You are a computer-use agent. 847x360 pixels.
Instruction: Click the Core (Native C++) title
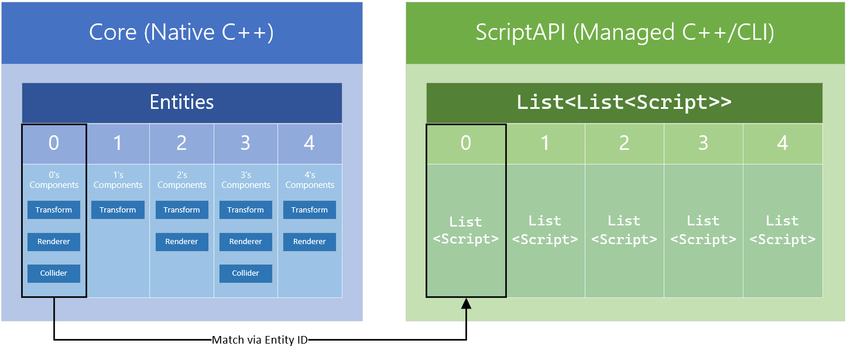pyautogui.click(x=181, y=32)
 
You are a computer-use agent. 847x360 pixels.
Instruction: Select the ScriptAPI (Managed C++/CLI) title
pyautogui.click(x=625, y=32)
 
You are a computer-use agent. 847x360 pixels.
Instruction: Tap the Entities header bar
pyautogui.click(x=181, y=102)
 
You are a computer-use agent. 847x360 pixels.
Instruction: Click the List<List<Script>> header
pyautogui.click(x=624, y=102)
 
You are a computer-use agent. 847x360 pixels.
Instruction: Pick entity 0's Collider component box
pyautogui.click(x=54, y=273)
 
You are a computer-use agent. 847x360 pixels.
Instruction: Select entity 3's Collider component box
pyautogui.click(x=246, y=273)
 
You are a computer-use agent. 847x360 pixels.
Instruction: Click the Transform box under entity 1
pyautogui.click(x=118, y=210)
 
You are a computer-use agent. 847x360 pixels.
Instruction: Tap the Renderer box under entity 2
pyautogui.click(x=181, y=242)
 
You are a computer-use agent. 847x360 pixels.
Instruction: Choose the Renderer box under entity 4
pyautogui.click(x=310, y=242)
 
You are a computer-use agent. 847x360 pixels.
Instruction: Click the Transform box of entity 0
pyautogui.click(x=54, y=210)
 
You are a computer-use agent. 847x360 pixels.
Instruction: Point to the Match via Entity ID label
pyautogui.click(x=259, y=340)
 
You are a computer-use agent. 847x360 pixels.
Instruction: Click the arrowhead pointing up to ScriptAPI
pyautogui.click(x=466, y=304)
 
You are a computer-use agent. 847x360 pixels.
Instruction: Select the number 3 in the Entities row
pyautogui.click(x=245, y=143)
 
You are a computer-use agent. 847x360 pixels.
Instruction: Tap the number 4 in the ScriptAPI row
pyautogui.click(x=782, y=143)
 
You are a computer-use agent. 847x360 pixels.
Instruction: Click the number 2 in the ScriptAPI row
pyautogui.click(x=624, y=143)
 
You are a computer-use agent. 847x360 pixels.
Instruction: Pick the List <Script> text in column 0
pyautogui.click(x=466, y=231)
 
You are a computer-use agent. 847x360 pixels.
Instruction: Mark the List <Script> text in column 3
pyautogui.click(x=703, y=230)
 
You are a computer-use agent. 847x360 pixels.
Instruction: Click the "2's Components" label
pyautogui.click(x=181, y=180)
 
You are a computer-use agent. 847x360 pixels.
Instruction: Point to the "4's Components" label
pyautogui.click(x=310, y=180)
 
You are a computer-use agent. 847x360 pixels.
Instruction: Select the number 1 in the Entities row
pyautogui.click(x=118, y=143)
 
